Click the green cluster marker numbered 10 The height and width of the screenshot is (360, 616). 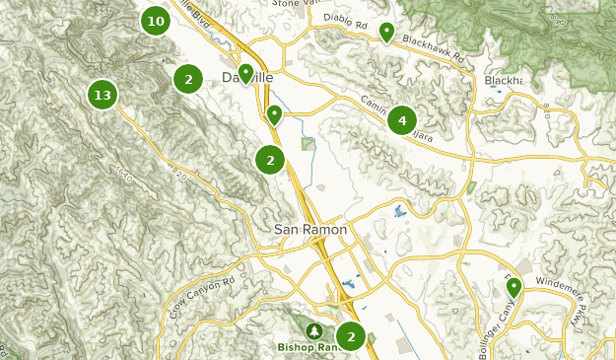[x=155, y=20]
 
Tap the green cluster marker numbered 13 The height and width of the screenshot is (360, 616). [x=102, y=96]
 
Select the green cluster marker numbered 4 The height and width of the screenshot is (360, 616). [x=401, y=120]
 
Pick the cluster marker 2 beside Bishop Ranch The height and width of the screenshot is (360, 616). [x=350, y=337]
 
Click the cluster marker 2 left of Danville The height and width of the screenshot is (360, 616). [x=188, y=79]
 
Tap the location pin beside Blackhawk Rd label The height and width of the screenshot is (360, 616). [x=387, y=33]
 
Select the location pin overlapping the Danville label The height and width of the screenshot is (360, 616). [x=245, y=73]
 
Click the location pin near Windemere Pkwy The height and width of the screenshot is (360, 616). [x=513, y=287]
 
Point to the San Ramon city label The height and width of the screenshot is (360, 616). [x=309, y=229]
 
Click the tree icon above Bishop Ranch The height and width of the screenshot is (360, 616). [x=314, y=331]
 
